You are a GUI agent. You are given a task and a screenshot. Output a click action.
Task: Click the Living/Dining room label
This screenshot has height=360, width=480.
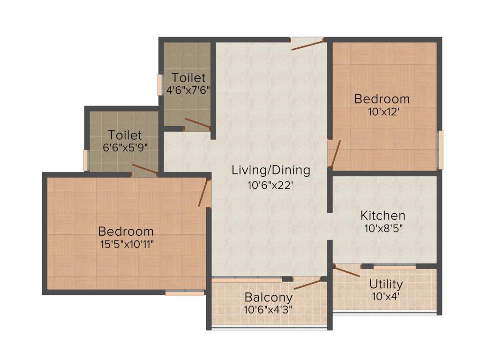click(x=271, y=170)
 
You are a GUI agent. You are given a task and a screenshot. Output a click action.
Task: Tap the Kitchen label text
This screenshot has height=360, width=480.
click(x=382, y=216)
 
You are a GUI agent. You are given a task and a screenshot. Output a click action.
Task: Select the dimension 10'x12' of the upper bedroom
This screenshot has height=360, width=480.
click(x=382, y=112)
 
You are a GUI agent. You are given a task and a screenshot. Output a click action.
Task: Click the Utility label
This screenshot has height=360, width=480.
click(x=385, y=284)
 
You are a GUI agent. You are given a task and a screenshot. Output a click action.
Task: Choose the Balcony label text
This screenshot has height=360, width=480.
click(x=269, y=297)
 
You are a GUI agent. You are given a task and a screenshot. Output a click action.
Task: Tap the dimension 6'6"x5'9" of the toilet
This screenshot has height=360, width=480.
click(x=125, y=147)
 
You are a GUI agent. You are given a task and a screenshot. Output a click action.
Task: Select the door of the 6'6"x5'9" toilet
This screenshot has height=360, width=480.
click(x=145, y=169)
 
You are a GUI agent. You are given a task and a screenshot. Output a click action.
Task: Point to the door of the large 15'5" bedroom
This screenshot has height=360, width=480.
click(x=203, y=193)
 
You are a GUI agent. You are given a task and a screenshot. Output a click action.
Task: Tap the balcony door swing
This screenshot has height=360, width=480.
click(x=307, y=284)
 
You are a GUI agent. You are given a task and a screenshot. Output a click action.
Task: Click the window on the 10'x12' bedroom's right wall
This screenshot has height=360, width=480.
click(x=440, y=149)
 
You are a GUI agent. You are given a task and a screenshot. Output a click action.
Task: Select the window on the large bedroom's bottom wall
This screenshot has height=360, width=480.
click(x=185, y=293)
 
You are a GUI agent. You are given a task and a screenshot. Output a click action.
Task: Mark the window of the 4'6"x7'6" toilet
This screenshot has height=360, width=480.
click(x=160, y=85)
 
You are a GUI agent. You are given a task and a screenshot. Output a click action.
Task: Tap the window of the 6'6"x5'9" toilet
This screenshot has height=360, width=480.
click(x=86, y=160)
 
